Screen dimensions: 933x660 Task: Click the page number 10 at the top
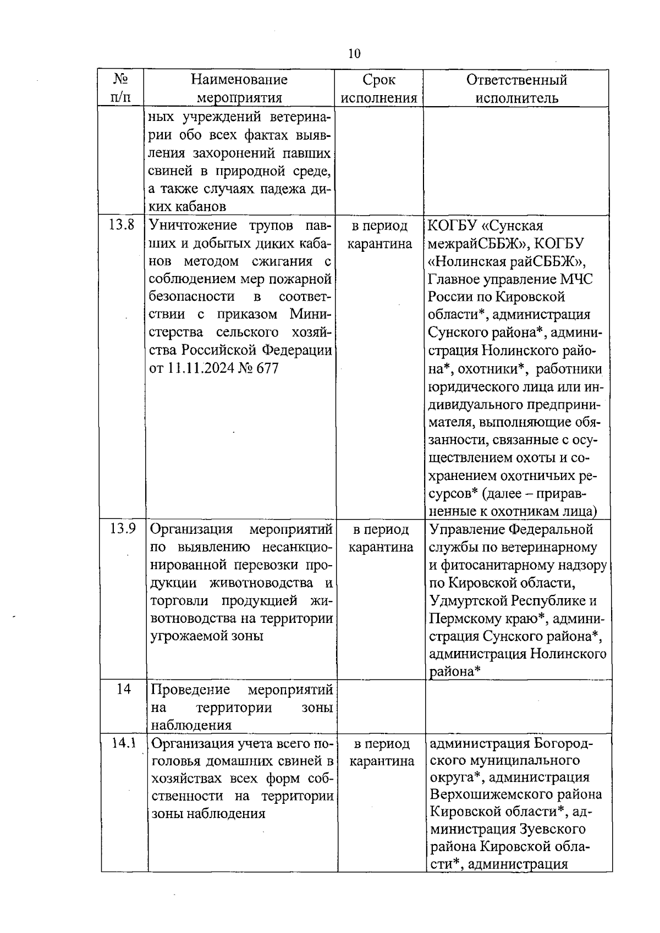tap(354, 53)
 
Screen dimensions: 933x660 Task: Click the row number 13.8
tap(122, 225)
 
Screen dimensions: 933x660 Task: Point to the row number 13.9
tap(122, 529)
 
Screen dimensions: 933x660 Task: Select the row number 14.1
tap(123, 743)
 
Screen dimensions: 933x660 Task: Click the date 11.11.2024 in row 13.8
tap(200, 368)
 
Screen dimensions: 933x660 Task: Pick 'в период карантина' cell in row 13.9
tap(381, 538)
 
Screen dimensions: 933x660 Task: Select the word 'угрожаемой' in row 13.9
tap(187, 636)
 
